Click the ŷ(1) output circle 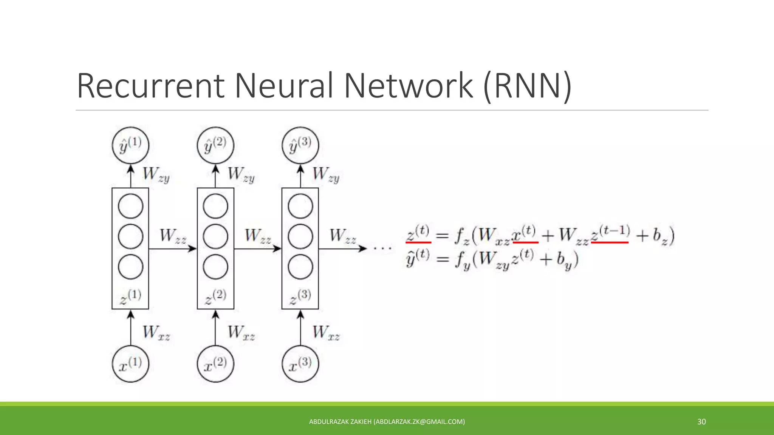pos(130,145)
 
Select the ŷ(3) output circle pos(300,145)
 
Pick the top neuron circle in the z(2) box pos(215,206)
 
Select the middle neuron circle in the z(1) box pos(130,237)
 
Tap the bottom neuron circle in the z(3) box pos(300,267)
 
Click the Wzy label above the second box pos(241,174)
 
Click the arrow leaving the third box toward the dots pos(342,248)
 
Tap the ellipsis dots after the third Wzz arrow pos(382,248)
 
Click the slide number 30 pos(701,422)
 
